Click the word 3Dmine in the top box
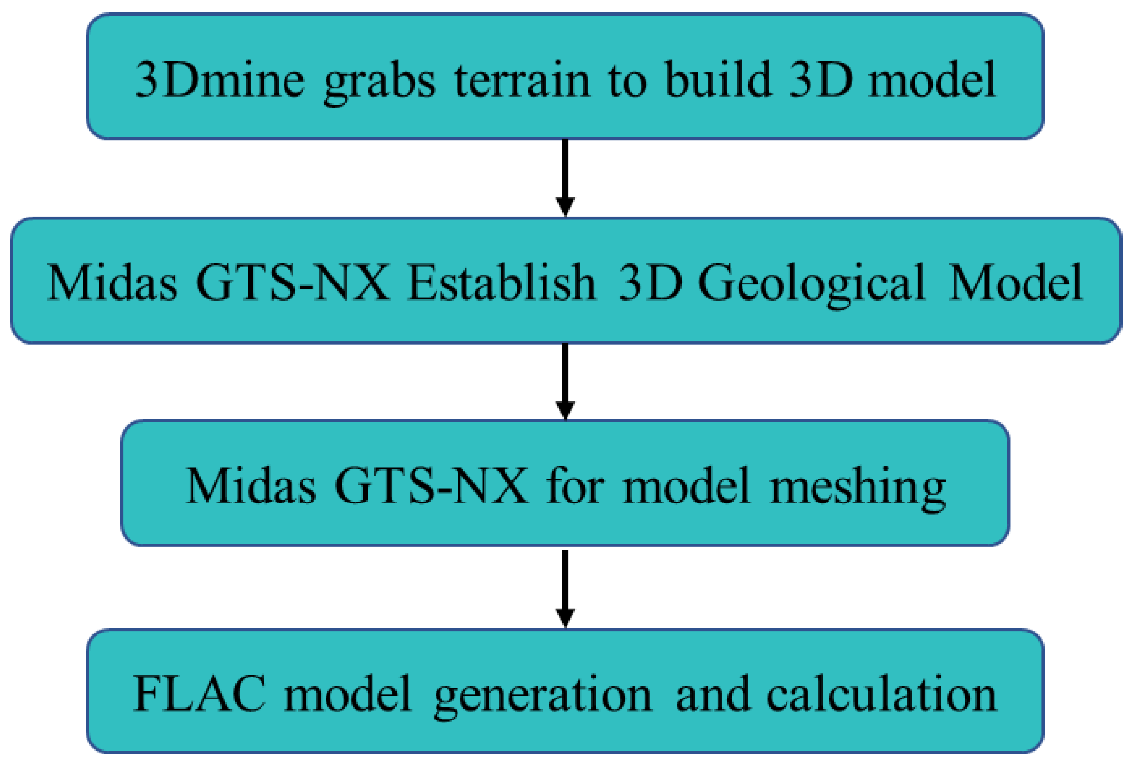[219, 80]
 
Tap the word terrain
[522, 80]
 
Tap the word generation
[543, 696]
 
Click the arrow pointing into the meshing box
[565, 381]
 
